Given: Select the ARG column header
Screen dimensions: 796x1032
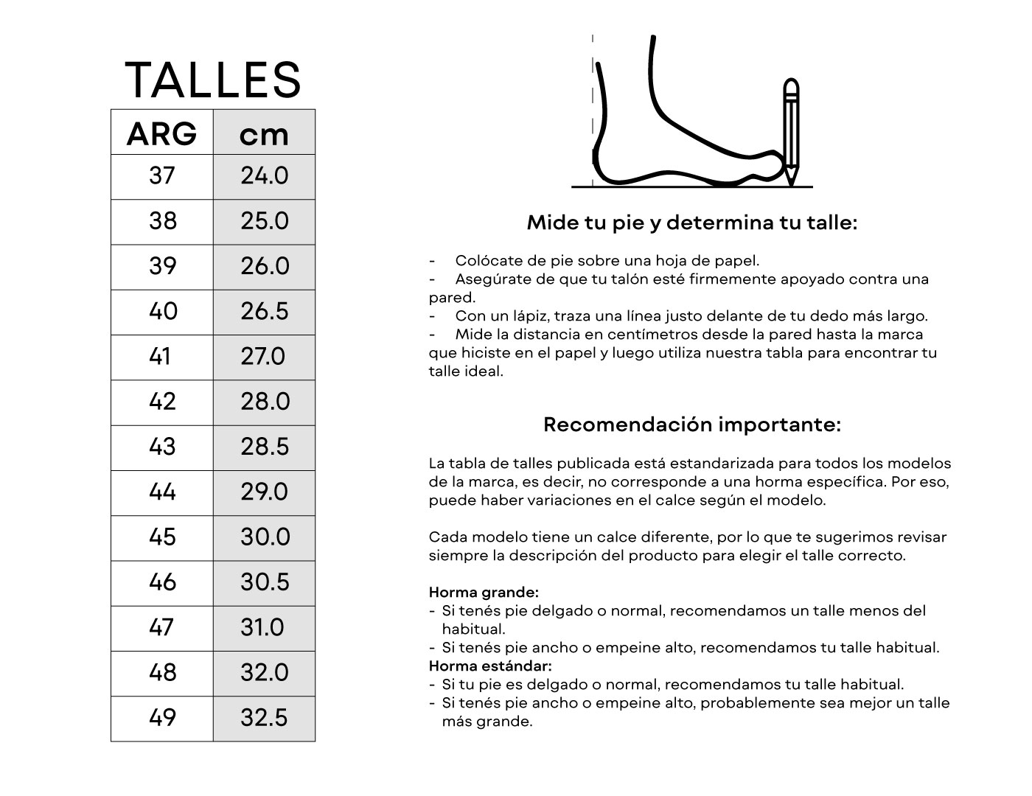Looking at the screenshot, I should point(162,134).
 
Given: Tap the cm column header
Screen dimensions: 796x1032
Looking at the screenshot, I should point(264,134).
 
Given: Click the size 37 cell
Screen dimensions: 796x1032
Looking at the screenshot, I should point(162,176).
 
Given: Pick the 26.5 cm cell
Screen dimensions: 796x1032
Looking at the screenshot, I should point(264,311).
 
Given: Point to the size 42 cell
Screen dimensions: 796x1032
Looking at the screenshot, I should point(162,402).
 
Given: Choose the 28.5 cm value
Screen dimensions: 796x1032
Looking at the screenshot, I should point(264,447).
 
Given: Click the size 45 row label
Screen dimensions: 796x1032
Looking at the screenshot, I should point(162,537).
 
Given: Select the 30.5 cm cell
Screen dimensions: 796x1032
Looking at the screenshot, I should point(264,582).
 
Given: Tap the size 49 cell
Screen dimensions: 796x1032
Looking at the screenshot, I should point(162,718).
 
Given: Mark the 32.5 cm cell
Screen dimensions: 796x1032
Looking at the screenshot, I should point(264,718).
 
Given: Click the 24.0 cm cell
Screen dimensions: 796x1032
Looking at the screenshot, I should point(264,176).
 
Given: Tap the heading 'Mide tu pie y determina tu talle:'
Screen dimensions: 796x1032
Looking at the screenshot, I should point(691,223).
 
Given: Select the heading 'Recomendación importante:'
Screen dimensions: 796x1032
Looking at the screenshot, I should point(691,425).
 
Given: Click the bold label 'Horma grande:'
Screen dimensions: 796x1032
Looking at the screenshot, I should point(484,593).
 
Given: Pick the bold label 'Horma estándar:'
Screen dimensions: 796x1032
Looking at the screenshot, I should point(490,666).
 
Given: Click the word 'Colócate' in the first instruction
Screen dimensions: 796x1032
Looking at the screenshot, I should point(484,260).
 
